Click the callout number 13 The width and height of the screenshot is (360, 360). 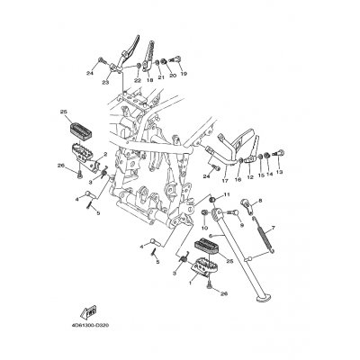pyautogui.click(x=279, y=171)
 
